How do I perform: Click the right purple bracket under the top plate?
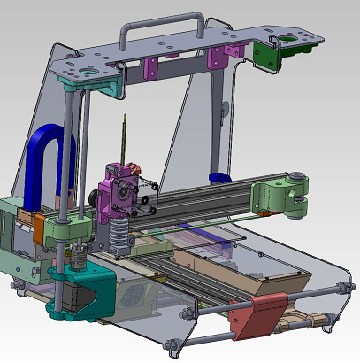[218, 58]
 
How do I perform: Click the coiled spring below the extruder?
[118, 236]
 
